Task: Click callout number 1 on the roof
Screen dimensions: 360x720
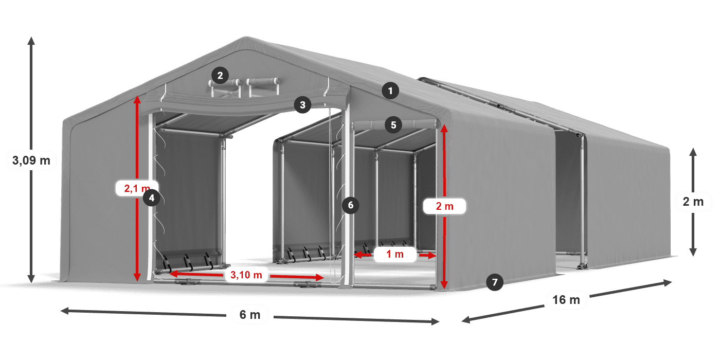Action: pos(390,92)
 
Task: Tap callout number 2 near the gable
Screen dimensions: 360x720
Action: pos(220,76)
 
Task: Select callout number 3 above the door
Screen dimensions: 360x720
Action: pos(302,105)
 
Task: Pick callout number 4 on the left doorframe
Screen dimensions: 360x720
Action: pos(151,197)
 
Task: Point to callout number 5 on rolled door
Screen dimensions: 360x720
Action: pos(393,124)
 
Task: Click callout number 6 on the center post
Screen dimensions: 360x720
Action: pos(350,205)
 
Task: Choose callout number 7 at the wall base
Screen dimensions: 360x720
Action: pos(494,282)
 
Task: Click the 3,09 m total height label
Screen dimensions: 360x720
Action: pos(31,160)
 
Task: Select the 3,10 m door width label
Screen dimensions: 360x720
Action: pos(246,275)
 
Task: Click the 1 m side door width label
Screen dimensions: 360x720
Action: pos(395,254)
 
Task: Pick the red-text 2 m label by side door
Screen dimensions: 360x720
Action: pos(444,206)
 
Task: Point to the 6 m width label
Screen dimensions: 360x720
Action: pos(250,315)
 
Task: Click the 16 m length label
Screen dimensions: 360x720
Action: pos(566,299)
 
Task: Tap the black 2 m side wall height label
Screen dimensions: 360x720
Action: pos(692,202)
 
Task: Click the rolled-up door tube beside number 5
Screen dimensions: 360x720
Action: pos(417,124)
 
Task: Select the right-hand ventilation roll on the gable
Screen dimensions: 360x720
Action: pos(263,81)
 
